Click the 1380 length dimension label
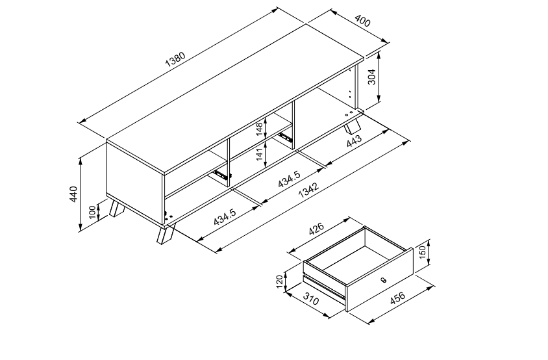coord(176,59)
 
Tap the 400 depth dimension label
coord(362,21)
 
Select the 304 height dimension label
coord(371,78)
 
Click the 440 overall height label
coord(73,194)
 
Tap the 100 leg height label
coord(92,211)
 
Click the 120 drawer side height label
coord(280,282)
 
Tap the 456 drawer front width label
coord(397,298)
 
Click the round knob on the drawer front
coord(382,280)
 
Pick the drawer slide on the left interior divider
coord(221,174)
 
